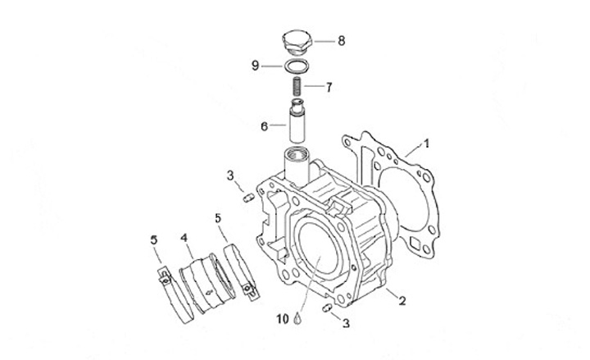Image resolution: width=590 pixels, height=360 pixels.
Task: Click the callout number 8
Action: (341, 39)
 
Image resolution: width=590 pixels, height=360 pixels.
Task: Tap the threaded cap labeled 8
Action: (297, 40)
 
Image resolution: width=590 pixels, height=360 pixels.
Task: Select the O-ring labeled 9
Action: (297, 66)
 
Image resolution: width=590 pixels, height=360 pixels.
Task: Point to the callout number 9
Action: (256, 65)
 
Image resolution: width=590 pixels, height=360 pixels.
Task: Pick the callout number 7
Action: (329, 85)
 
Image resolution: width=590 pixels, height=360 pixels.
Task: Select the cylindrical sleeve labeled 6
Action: (296, 122)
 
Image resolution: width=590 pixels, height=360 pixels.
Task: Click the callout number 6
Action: (264, 126)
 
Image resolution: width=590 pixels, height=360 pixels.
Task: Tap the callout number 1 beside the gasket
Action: (427, 144)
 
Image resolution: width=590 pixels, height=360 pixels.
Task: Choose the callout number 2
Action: (402, 301)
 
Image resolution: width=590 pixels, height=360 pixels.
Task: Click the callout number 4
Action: (184, 238)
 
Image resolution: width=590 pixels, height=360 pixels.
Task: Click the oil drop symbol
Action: (301, 315)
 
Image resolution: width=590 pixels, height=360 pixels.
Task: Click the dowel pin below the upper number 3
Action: (247, 195)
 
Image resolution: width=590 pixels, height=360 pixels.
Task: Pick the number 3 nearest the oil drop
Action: (346, 324)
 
